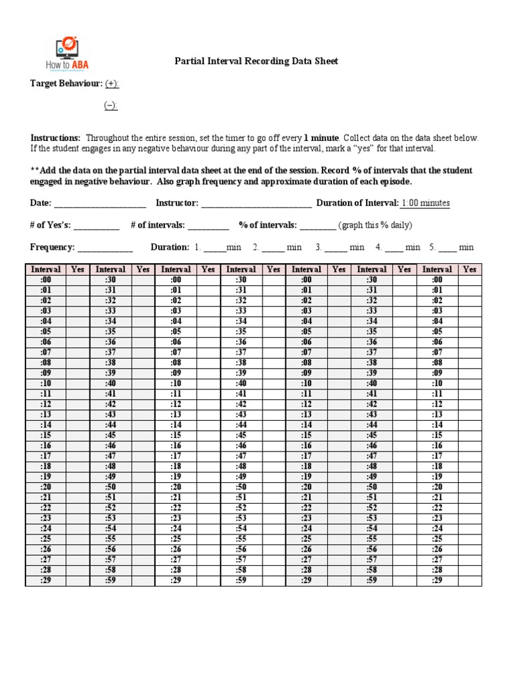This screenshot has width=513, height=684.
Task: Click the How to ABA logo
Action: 67,54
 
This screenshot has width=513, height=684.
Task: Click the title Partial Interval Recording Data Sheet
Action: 256,61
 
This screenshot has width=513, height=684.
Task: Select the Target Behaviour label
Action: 65,83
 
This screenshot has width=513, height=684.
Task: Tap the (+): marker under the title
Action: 112,83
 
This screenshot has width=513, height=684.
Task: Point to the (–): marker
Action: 111,106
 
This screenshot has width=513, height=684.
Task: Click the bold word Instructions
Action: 55,138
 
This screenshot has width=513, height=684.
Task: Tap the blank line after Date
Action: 100,204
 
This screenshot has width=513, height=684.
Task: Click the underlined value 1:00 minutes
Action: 425,203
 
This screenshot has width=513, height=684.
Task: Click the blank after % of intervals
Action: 317,226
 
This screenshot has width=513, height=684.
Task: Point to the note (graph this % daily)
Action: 375,225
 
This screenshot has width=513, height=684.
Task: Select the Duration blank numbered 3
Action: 337,248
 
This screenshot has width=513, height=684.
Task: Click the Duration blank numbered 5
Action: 448,248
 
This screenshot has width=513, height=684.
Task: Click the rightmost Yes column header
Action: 470,269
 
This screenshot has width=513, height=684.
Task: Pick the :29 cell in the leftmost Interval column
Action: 45,581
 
